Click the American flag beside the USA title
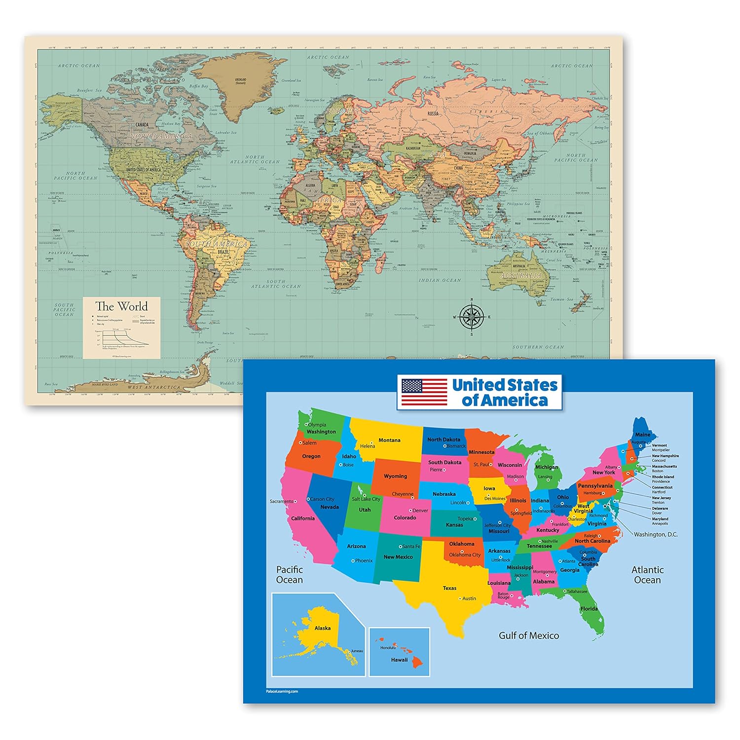(424, 392)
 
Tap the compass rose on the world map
(472, 317)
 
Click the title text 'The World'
(121, 306)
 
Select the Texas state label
(449, 588)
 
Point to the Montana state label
(389, 440)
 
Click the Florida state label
(589, 608)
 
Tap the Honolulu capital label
(388, 648)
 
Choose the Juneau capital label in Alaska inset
(357, 651)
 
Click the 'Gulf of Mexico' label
(529, 635)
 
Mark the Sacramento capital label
(281, 501)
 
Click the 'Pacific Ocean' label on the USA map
(290, 575)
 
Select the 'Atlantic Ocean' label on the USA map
(647, 575)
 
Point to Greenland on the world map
(241, 81)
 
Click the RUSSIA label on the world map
(433, 113)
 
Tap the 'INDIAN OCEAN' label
(440, 280)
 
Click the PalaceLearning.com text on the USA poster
(282, 691)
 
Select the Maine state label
(642, 435)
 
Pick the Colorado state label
(405, 518)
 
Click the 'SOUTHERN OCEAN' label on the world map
(538, 347)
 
